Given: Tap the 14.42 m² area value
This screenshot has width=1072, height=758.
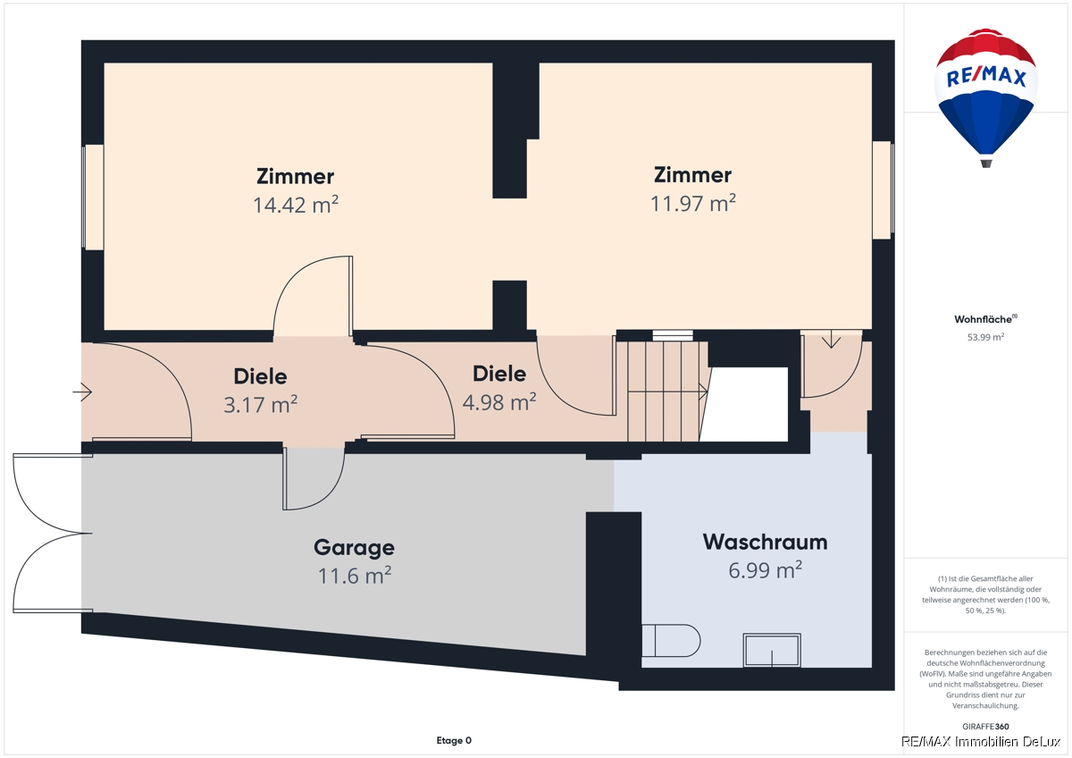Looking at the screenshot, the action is click(x=296, y=205).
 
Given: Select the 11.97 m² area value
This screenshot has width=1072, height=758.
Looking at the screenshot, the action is click(x=693, y=204).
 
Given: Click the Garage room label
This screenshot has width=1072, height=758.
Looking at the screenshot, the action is click(x=354, y=548).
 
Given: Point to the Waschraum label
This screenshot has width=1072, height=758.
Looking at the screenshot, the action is click(x=766, y=542).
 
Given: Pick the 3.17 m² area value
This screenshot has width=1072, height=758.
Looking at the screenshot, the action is click(x=261, y=405).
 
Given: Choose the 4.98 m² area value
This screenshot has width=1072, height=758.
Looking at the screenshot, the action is click(x=499, y=402).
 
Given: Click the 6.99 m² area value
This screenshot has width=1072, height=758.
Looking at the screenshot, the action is click(x=766, y=570).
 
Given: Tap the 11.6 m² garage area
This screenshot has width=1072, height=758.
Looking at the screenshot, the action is click(x=355, y=576).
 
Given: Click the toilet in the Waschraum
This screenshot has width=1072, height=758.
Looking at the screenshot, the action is click(x=671, y=640).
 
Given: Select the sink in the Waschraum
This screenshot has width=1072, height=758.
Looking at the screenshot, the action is click(x=772, y=650).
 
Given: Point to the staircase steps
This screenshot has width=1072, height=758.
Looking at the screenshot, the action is click(x=668, y=392).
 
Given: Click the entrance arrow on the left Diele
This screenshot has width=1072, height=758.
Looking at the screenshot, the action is click(x=82, y=392).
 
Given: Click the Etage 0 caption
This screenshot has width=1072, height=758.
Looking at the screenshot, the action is click(x=454, y=740).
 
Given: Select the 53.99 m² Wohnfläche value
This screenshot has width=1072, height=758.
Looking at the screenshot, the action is click(x=985, y=337).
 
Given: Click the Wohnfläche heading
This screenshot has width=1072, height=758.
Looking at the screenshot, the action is click(x=985, y=319).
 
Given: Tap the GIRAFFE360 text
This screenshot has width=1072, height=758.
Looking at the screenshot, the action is click(x=985, y=727).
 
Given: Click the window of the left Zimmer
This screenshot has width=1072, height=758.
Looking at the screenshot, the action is click(x=93, y=198).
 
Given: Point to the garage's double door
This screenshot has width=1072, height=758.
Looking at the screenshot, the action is click(x=53, y=533).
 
